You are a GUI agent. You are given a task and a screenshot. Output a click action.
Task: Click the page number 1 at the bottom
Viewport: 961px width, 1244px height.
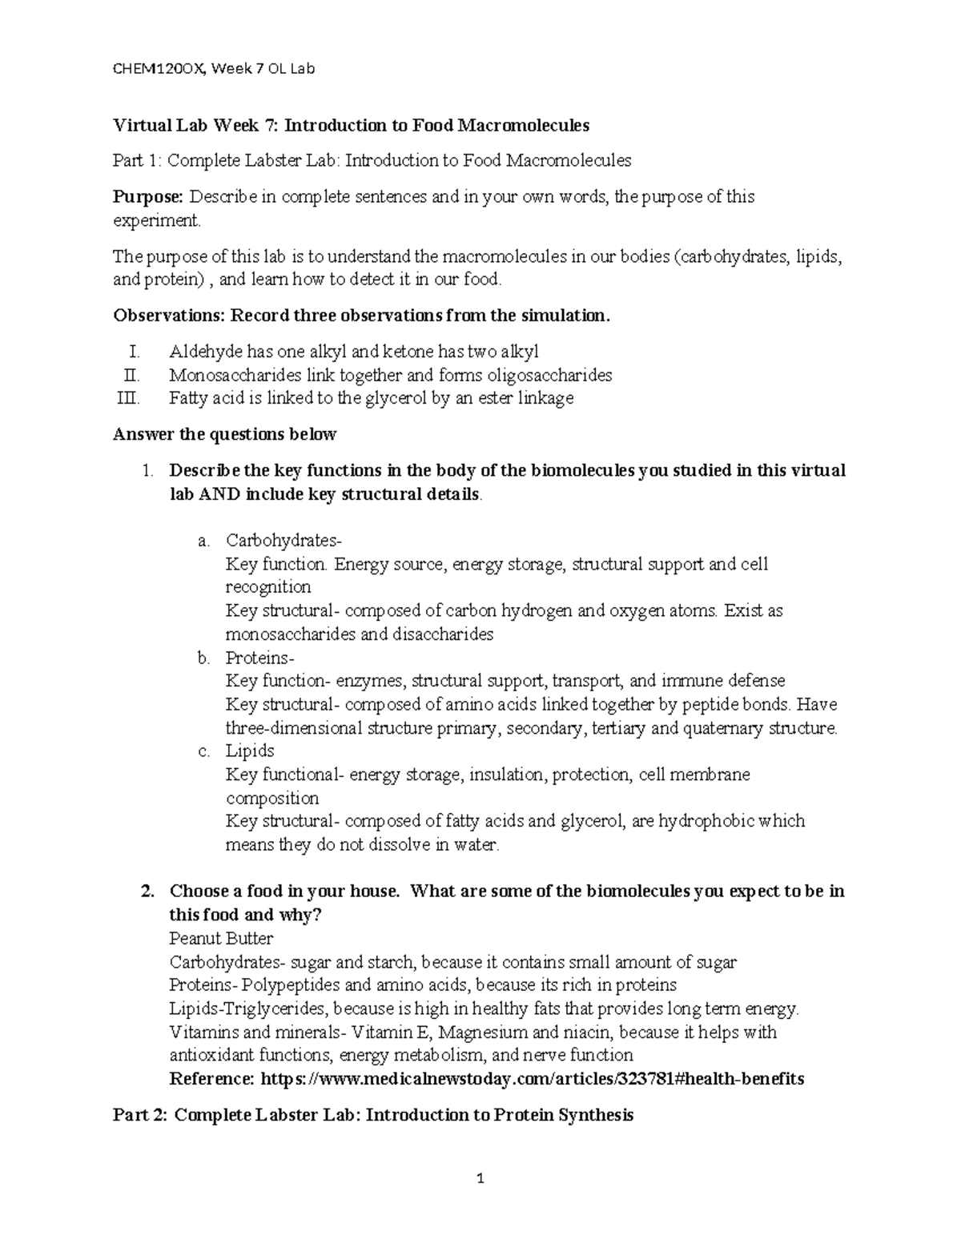480,1178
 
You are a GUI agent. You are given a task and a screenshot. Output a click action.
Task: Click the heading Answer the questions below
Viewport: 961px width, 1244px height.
225,434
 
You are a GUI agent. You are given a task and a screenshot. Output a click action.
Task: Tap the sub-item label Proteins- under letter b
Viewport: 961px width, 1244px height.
260,658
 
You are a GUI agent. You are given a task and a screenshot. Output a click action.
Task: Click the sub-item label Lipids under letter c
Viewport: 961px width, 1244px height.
250,751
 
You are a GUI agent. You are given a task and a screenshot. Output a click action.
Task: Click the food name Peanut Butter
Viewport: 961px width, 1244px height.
222,938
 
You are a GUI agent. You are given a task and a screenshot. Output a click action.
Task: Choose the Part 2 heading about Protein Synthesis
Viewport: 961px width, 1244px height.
373,1115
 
